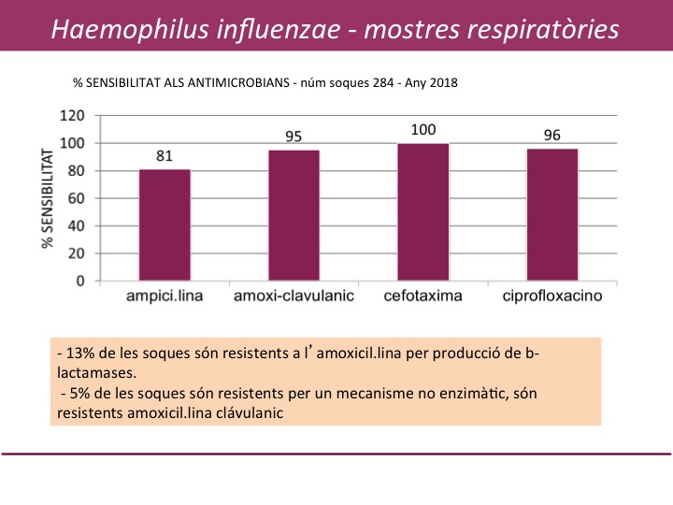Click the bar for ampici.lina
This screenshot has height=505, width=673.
pos(165,224)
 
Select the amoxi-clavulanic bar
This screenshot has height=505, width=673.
pos(294,215)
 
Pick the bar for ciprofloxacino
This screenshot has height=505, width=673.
pos(551,214)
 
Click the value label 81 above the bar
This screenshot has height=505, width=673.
pos(165,156)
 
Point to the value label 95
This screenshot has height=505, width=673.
pos(294,137)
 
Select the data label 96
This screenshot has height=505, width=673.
pos(551,136)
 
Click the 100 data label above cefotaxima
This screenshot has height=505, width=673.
pos(422,130)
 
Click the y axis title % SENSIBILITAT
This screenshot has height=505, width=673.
pos(45,198)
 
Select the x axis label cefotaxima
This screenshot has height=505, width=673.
pos(422,298)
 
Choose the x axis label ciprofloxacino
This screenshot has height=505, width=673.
pos(551,298)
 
